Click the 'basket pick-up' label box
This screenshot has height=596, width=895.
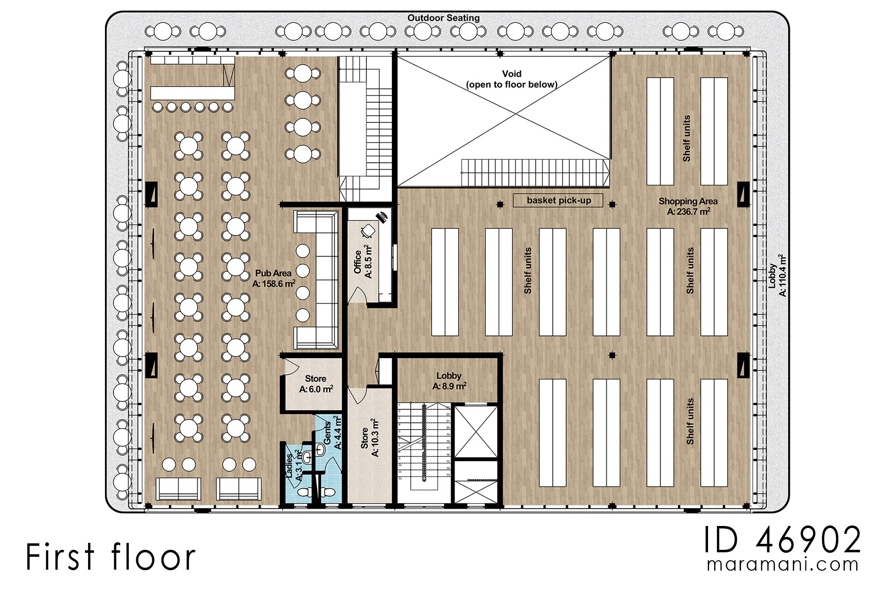tap(558, 201)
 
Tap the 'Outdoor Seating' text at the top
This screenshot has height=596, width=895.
tap(443, 18)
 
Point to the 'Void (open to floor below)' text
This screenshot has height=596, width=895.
tap(511, 79)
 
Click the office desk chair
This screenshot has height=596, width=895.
tap(368, 230)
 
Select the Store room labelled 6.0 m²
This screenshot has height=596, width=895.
tap(316, 384)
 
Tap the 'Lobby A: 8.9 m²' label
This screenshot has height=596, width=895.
tap(448, 381)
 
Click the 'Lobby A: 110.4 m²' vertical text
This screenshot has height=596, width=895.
tap(777, 276)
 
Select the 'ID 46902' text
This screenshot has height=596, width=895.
tap(782, 540)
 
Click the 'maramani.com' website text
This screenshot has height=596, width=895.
tap(783, 565)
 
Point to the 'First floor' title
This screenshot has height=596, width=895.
tap(110, 557)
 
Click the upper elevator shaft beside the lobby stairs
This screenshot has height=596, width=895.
tap(476, 431)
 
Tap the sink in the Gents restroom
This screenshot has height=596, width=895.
tap(320, 450)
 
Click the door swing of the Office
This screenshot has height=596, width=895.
tap(357, 296)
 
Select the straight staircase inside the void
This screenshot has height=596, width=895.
tap(535, 172)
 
